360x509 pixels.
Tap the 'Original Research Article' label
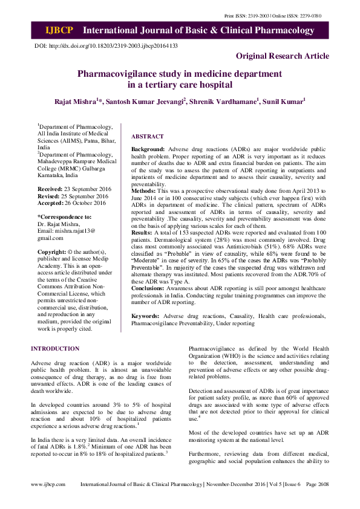tap(283, 56)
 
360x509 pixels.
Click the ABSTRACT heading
tap(147, 137)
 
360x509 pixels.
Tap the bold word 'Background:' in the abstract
tap(148, 148)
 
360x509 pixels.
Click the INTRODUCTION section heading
tap(55, 349)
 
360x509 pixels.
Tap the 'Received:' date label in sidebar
tap(51, 189)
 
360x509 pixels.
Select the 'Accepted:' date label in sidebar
tap(51, 203)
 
